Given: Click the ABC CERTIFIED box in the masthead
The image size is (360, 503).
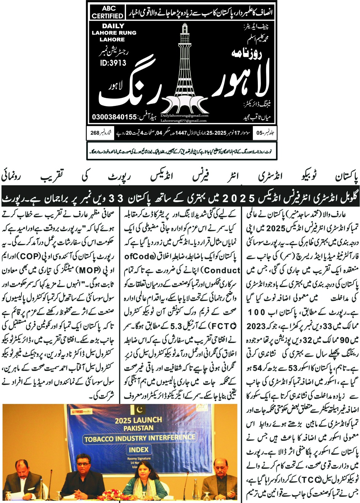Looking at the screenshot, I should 107,12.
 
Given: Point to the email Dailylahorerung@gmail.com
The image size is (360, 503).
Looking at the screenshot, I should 184,115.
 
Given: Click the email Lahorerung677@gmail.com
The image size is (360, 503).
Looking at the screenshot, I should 184,120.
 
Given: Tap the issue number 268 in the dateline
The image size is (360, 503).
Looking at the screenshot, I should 95,133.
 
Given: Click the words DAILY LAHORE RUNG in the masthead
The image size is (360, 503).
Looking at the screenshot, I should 114,33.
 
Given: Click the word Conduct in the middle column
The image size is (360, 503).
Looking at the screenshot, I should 224,270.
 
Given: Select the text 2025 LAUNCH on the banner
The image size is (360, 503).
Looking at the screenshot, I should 138,420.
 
